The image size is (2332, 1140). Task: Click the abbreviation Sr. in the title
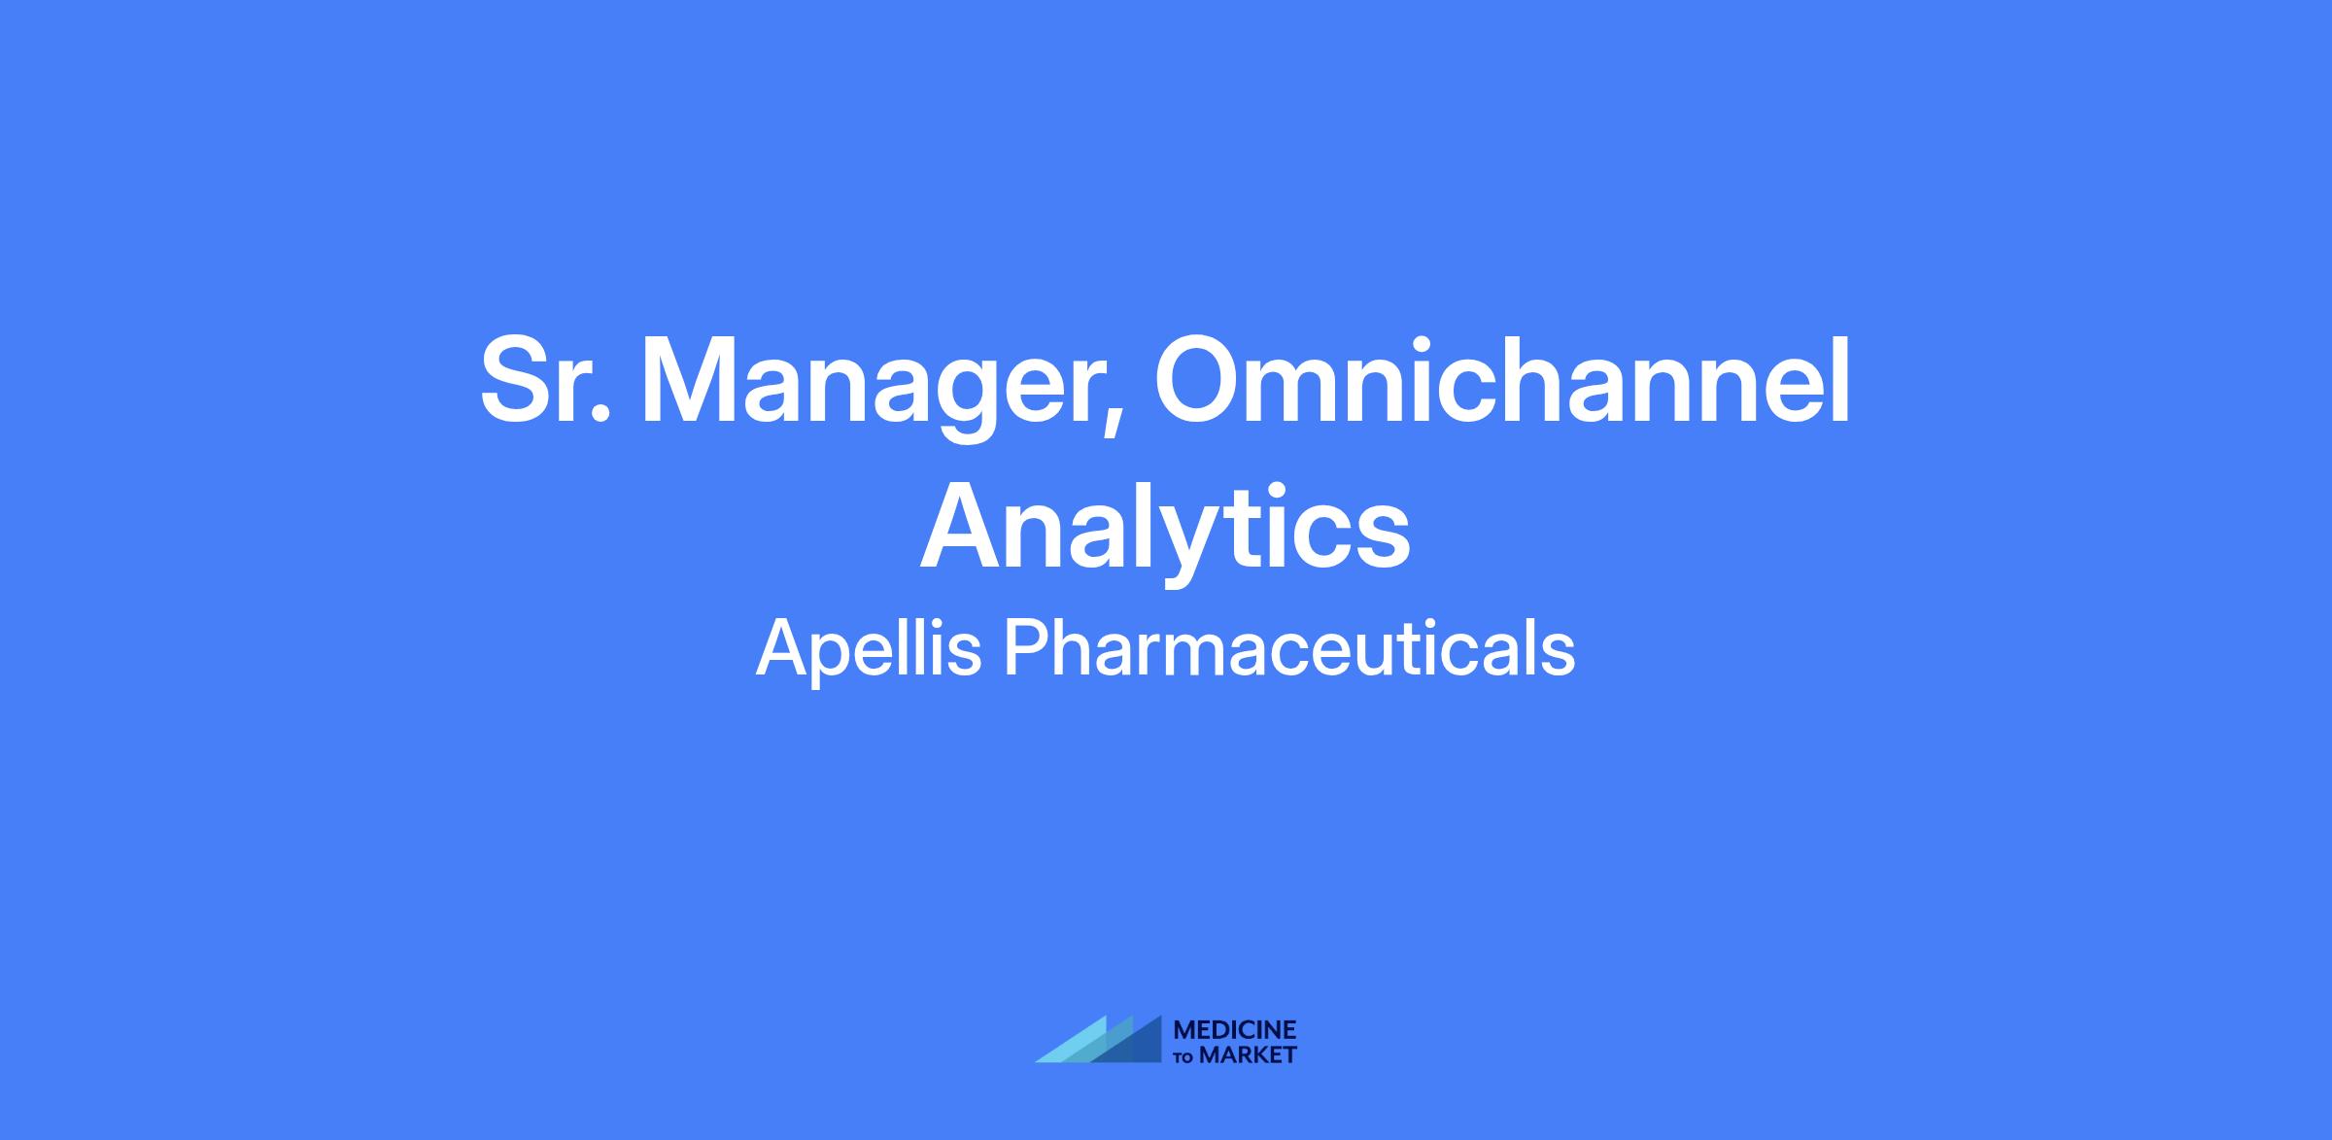(x=546, y=380)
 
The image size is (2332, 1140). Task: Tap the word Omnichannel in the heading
(x=1502, y=380)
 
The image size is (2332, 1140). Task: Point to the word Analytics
(x=1165, y=532)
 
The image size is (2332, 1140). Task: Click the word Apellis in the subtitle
(x=869, y=650)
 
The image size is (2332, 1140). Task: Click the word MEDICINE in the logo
(x=1235, y=1030)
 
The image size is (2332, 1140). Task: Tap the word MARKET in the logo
(x=1248, y=1055)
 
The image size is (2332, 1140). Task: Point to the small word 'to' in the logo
(x=1185, y=1057)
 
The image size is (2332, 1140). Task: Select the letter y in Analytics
(x=1196, y=543)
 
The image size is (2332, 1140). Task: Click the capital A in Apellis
(x=783, y=648)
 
